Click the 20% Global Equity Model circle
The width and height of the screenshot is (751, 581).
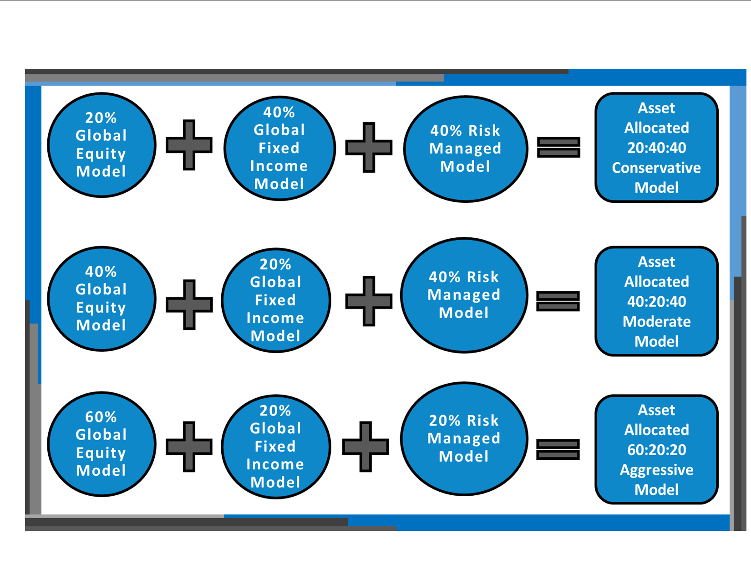[x=101, y=145]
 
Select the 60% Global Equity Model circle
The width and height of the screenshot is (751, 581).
[x=101, y=444]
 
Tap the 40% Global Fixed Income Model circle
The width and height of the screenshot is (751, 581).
[x=279, y=148]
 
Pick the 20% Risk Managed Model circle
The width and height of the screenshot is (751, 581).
[x=464, y=439]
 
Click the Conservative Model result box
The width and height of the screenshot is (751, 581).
[x=656, y=147]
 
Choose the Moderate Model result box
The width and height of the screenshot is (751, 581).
[x=656, y=301]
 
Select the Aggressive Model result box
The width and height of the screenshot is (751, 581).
[x=656, y=449]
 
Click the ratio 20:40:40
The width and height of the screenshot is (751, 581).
[x=657, y=148]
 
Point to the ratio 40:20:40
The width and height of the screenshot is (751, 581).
[x=657, y=301]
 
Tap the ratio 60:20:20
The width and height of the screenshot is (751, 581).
[x=657, y=449]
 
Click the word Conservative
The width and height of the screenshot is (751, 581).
[x=656, y=168]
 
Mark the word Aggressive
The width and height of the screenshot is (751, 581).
[x=656, y=470]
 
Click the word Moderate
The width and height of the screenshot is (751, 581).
[x=657, y=321]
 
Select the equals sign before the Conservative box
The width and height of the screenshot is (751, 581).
[x=558, y=147]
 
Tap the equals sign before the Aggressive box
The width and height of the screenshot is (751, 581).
[x=558, y=449]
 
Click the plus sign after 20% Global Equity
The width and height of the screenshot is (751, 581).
[x=189, y=145]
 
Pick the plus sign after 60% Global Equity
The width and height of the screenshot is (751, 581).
[x=189, y=447]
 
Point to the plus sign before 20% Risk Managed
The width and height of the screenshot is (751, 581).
[x=365, y=447]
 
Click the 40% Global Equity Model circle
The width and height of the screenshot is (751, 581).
[x=101, y=299]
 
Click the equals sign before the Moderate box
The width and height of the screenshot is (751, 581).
[x=558, y=301]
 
